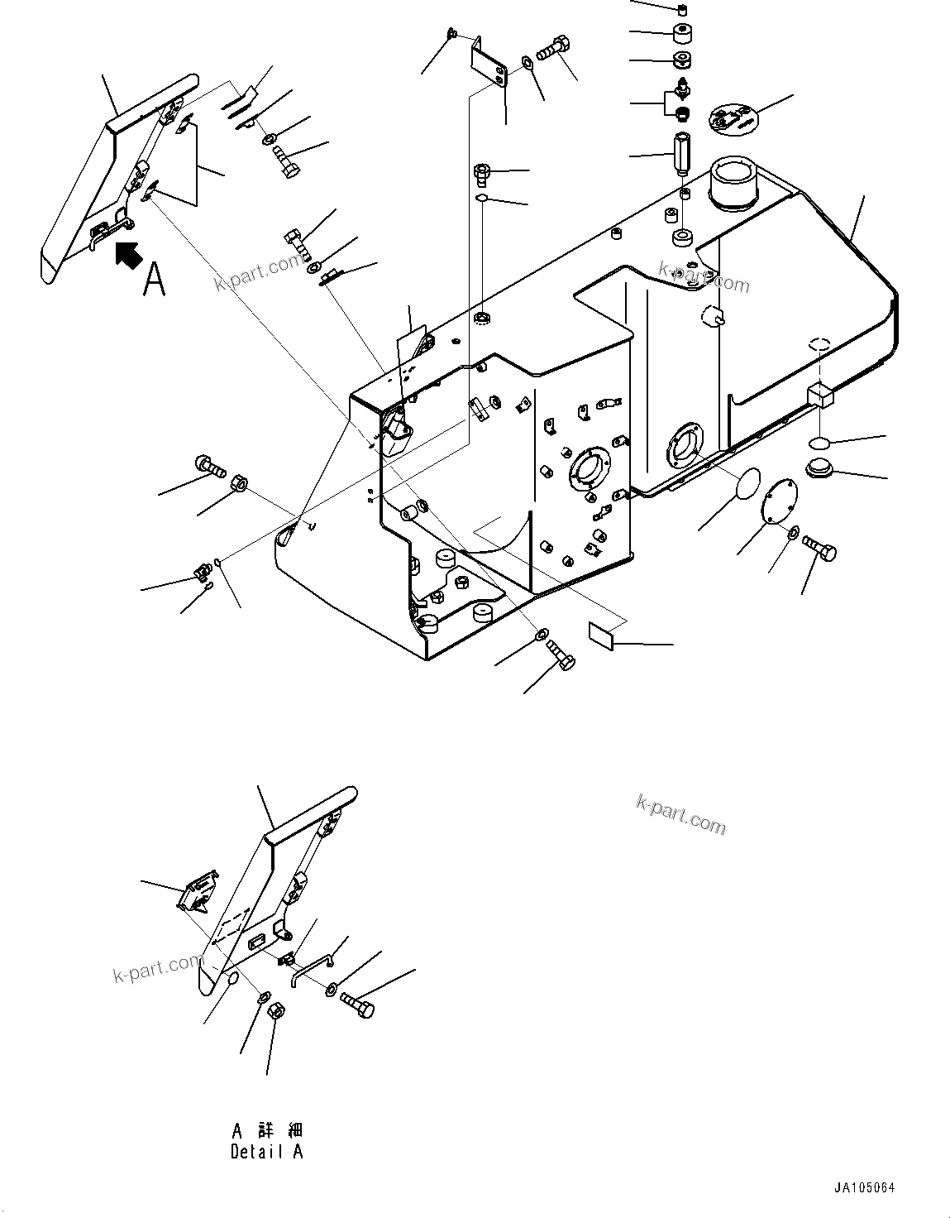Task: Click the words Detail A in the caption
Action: click(x=266, y=1152)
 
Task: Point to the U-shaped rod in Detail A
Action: click(x=310, y=966)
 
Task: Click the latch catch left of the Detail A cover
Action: click(x=198, y=892)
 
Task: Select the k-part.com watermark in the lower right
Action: click(x=680, y=814)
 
